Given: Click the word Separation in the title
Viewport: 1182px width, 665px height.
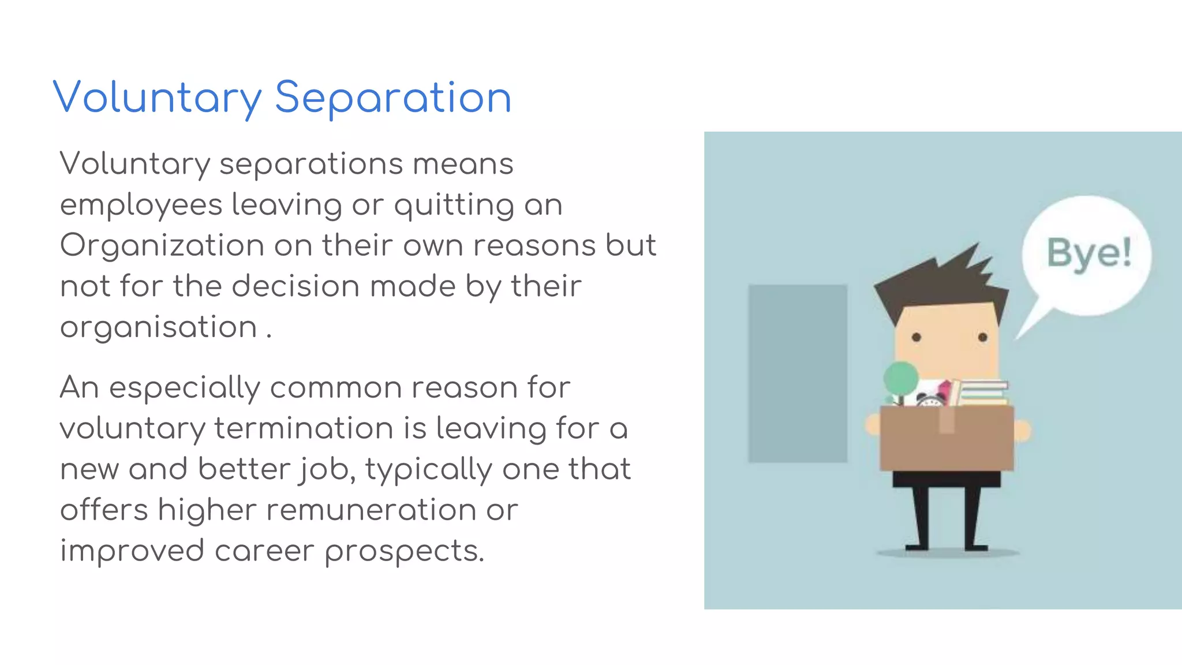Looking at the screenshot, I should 393,98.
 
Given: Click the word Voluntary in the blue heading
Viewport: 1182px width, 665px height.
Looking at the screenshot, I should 157,98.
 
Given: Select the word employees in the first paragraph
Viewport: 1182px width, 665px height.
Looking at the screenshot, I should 141,206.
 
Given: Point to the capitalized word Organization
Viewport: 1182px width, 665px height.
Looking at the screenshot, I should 162,246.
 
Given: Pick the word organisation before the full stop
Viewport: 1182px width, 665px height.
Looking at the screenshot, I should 159,328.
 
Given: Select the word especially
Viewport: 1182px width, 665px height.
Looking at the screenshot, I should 185,388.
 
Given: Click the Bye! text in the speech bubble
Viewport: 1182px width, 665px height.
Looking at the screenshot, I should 1089,253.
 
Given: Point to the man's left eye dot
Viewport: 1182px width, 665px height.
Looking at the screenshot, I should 917,337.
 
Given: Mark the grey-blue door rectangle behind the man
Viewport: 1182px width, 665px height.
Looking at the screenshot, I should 798,373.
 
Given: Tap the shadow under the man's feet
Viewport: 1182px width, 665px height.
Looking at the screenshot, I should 948,554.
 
